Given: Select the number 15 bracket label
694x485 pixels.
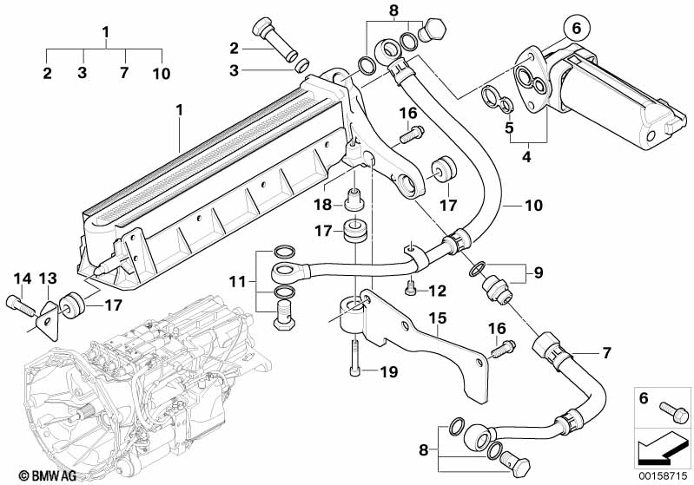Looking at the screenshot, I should click(436, 318).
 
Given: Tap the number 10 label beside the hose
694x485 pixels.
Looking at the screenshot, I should click(533, 206).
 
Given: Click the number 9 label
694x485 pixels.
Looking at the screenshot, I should click(538, 272).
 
